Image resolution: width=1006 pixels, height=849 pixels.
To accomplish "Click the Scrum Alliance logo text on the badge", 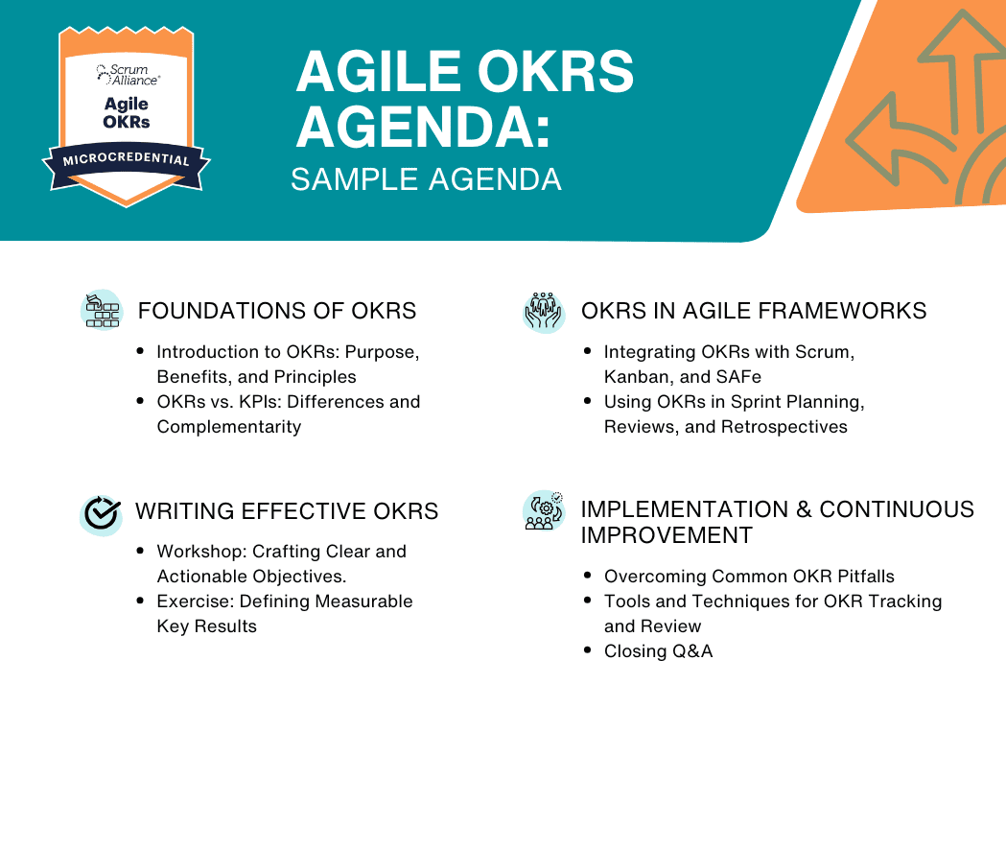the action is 128,75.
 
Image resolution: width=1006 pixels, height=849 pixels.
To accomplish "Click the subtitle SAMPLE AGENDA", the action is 426,179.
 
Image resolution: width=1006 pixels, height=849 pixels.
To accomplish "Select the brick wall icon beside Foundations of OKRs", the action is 102,311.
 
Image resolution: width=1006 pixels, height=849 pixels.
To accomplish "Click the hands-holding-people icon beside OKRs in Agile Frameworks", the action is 544,312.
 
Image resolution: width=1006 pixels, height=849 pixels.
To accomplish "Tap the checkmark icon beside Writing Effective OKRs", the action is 102,514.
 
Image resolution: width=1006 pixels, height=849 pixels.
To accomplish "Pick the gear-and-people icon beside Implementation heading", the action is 544,510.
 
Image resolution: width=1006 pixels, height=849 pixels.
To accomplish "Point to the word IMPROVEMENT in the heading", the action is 667,535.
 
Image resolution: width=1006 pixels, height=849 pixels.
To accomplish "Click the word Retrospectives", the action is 784,427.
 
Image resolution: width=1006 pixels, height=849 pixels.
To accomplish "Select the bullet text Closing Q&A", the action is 658,651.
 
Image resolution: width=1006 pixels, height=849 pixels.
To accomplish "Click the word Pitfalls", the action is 866,577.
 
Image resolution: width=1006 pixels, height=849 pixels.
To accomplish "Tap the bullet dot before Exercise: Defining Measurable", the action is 141,601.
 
